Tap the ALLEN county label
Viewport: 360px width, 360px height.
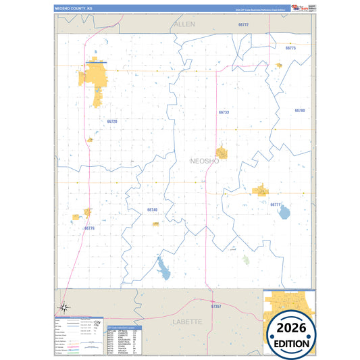tap(184, 24)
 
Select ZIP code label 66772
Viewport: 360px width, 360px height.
tap(244, 25)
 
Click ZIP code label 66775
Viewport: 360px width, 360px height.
tap(291, 49)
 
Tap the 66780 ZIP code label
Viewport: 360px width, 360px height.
tap(300, 110)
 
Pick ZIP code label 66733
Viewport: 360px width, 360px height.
tap(224, 112)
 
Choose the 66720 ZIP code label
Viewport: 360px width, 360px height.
tap(112, 122)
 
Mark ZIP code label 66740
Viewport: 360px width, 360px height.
tap(152, 210)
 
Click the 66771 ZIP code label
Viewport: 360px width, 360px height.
tap(276, 204)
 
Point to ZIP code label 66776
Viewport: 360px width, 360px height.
tap(90, 228)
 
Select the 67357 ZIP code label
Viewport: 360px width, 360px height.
tap(215, 307)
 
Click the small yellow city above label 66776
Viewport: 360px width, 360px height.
tap(87, 213)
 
